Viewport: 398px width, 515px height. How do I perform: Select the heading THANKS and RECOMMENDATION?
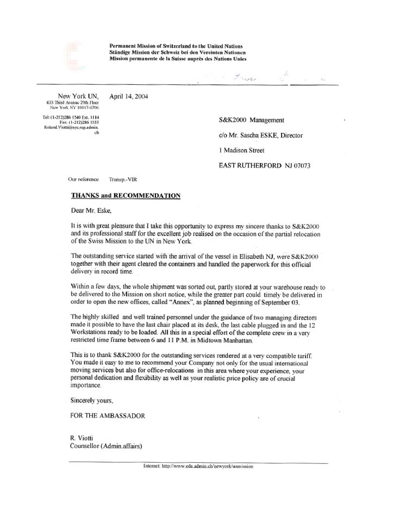[126, 195]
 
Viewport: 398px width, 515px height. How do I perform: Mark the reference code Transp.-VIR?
[123, 179]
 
